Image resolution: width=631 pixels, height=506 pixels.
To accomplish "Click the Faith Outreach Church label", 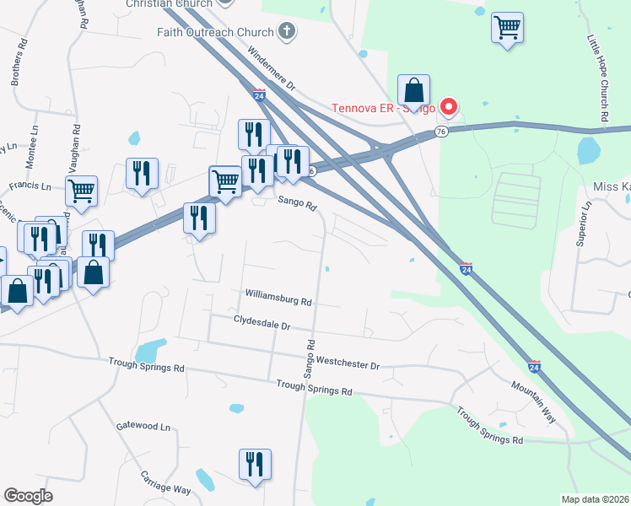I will tap(215, 33).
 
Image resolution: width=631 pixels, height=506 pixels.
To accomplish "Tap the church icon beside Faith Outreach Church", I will tap(287, 33).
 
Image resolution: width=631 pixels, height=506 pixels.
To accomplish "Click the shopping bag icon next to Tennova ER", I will tap(414, 90).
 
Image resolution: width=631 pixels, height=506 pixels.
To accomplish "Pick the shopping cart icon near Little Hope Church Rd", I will tap(507, 28).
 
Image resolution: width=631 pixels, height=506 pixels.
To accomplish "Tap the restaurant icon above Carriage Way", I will tap(254, 465).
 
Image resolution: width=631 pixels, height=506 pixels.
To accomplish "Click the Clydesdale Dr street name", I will tap(262, 323).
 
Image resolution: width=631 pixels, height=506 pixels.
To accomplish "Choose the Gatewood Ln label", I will tap(142, 426).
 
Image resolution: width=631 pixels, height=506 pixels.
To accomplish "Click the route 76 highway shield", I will tap(441, 132).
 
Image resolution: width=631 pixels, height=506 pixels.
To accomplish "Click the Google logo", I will tap(28, 496).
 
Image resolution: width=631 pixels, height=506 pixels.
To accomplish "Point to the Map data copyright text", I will tap(596, 499).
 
